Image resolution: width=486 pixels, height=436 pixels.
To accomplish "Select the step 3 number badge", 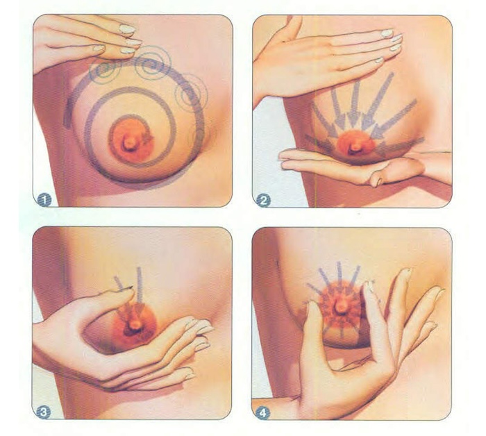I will click(x=45, y=412).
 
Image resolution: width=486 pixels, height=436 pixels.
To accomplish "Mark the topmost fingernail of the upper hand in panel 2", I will click(x=387, y=33).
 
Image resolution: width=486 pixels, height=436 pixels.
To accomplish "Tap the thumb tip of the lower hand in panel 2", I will click(x=376, y=181).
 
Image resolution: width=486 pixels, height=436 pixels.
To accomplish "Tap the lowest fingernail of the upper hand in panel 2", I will click(x=378, y=61).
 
